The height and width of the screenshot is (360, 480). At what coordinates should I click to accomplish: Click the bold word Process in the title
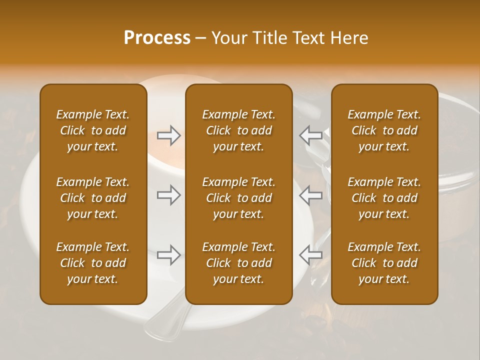[x=157, y=38]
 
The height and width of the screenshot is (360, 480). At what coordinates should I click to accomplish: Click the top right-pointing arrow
[x=168, y=135]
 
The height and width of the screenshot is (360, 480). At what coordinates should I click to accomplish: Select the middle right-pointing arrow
[x=168, y=195]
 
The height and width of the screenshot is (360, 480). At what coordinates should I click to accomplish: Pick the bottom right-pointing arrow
[x=168, y=255]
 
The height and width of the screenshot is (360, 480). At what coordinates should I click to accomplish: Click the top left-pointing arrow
[x=311, y=135]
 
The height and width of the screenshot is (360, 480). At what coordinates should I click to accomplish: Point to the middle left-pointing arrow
[x=311, y=195]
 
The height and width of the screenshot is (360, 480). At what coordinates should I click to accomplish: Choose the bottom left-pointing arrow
[x=311, y=255]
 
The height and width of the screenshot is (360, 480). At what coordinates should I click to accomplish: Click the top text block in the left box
[x=93, y=130]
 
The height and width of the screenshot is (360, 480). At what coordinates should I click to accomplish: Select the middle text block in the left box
[x=93, y=198]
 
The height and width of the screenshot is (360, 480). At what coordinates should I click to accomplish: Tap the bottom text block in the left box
[x=93, y=263]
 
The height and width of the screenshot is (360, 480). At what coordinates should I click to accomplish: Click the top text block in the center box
[x=238, y=130]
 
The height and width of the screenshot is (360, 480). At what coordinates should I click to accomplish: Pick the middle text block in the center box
[x=238, y=198]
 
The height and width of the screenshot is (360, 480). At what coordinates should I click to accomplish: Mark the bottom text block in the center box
[x=238, y=263]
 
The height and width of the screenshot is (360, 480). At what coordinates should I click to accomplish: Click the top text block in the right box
[x=384, y=130]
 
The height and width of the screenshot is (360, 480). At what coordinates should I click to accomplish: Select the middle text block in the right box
[x=384, y=198]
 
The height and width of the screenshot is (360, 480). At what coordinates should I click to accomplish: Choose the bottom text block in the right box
[x=384, y=263]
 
